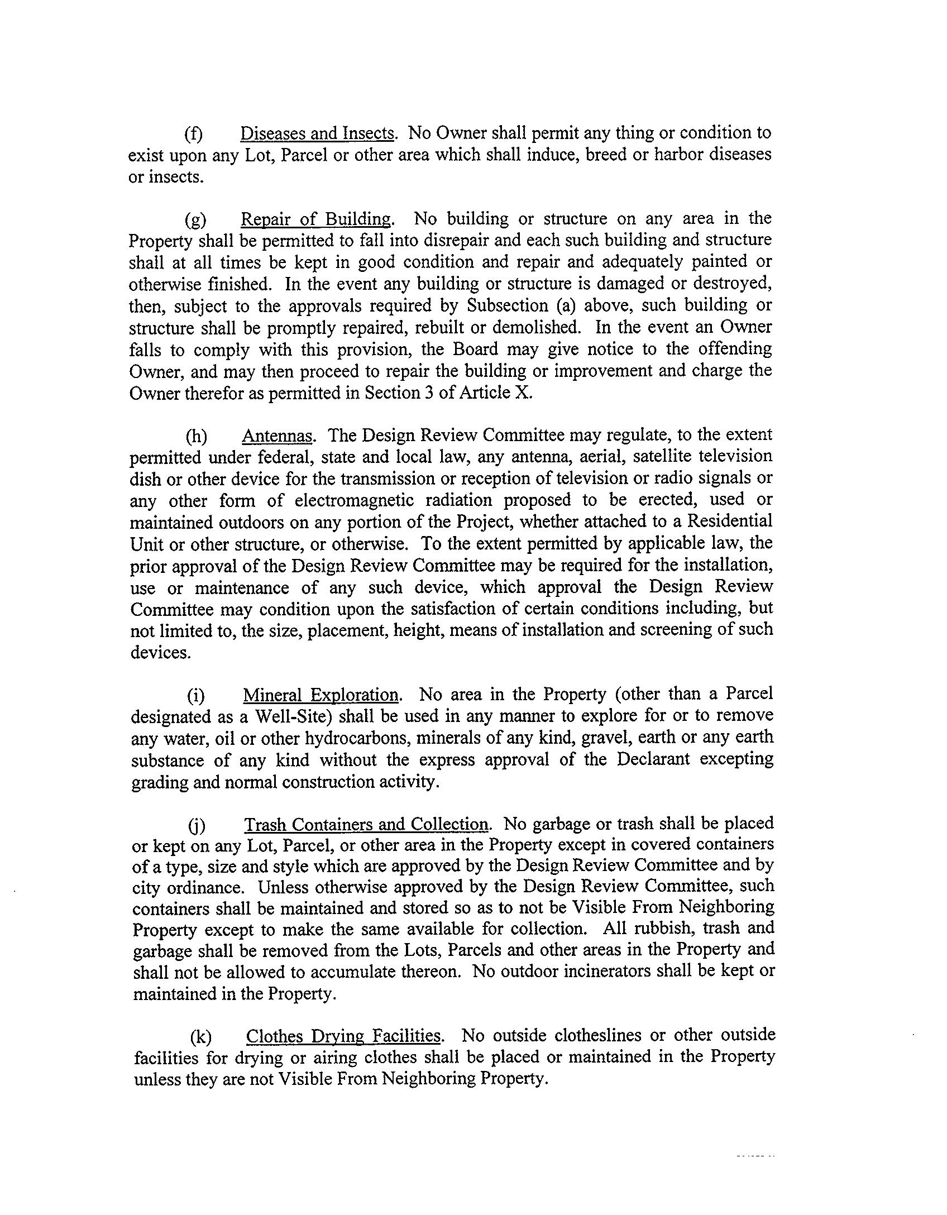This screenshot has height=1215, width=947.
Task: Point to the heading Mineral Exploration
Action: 321,695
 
